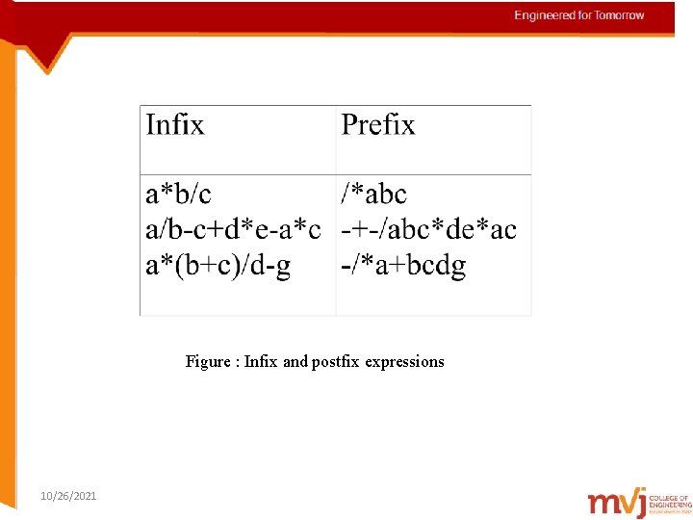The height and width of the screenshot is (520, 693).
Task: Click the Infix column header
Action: pyautogui.click(x=175, y=125)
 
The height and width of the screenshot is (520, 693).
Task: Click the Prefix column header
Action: pyautogui.click(x=378, y=125)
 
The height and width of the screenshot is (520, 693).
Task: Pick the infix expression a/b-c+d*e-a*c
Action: pyautogui.click(x=233, y=230)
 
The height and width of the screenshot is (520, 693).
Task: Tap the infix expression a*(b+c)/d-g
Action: pyautogui.click(x=218, y=266)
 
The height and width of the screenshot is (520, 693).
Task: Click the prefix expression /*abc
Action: pyautogui.click(x=374, y=195)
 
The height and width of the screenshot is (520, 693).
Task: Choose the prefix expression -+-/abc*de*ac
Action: pyautogui.click(x=429, y=230)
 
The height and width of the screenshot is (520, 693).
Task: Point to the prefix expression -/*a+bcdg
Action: pyautogui.click(x=404, y=266)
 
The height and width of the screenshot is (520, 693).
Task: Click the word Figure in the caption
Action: pyautogui.click(x=207, y=362)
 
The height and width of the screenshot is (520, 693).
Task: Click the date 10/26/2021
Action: pyautogui.click(x=68, y=496)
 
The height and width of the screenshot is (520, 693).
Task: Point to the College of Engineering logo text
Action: pyautogui.click(x=670, y=502)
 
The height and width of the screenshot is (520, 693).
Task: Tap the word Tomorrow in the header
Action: pyautogui.click(x=618, y=15)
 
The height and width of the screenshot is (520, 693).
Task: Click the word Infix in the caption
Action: pyautogui.click(x=261, y=362)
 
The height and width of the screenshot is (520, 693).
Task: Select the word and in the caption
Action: pyautogui.click(x=295, y=362)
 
